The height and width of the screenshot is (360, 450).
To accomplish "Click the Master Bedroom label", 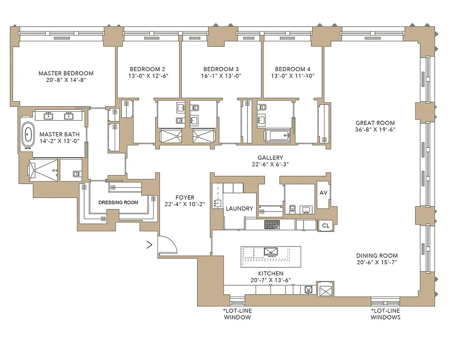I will point(66,73).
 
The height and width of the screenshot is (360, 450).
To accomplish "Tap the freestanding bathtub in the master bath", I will point(29,135).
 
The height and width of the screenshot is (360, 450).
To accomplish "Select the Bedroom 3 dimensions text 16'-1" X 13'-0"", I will point(220,76).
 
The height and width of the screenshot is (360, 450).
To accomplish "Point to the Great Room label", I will point(375,122).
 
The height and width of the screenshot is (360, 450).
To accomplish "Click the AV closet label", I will point(323,193).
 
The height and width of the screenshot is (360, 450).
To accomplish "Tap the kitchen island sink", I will point(271,252).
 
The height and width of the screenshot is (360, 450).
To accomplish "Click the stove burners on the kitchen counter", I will point(272,224).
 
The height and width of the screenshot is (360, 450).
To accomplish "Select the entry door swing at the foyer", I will point(168,245).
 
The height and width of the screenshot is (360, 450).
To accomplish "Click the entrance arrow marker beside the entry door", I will point(149,245).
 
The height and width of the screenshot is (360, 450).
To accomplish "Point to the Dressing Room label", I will point(118,202).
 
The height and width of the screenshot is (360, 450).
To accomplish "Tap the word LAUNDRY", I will point(239,209).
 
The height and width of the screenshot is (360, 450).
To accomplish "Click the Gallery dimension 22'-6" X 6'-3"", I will point(270,165).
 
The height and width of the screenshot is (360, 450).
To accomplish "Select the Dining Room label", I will point(375,255).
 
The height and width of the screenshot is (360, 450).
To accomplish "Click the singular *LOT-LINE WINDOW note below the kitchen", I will point(237,314).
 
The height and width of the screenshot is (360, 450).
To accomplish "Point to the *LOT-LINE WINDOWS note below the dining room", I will point(385,314).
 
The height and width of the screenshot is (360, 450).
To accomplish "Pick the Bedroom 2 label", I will point(147,69).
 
